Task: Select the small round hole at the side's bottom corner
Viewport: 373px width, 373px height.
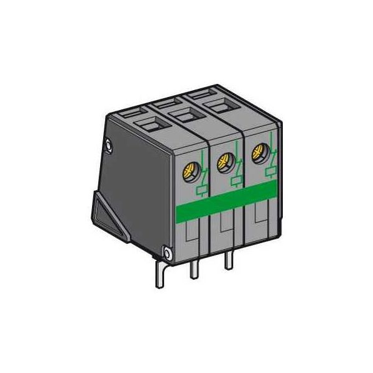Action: click(x=167, y=253)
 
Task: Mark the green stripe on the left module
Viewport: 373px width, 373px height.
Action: click(x=193, y=212)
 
